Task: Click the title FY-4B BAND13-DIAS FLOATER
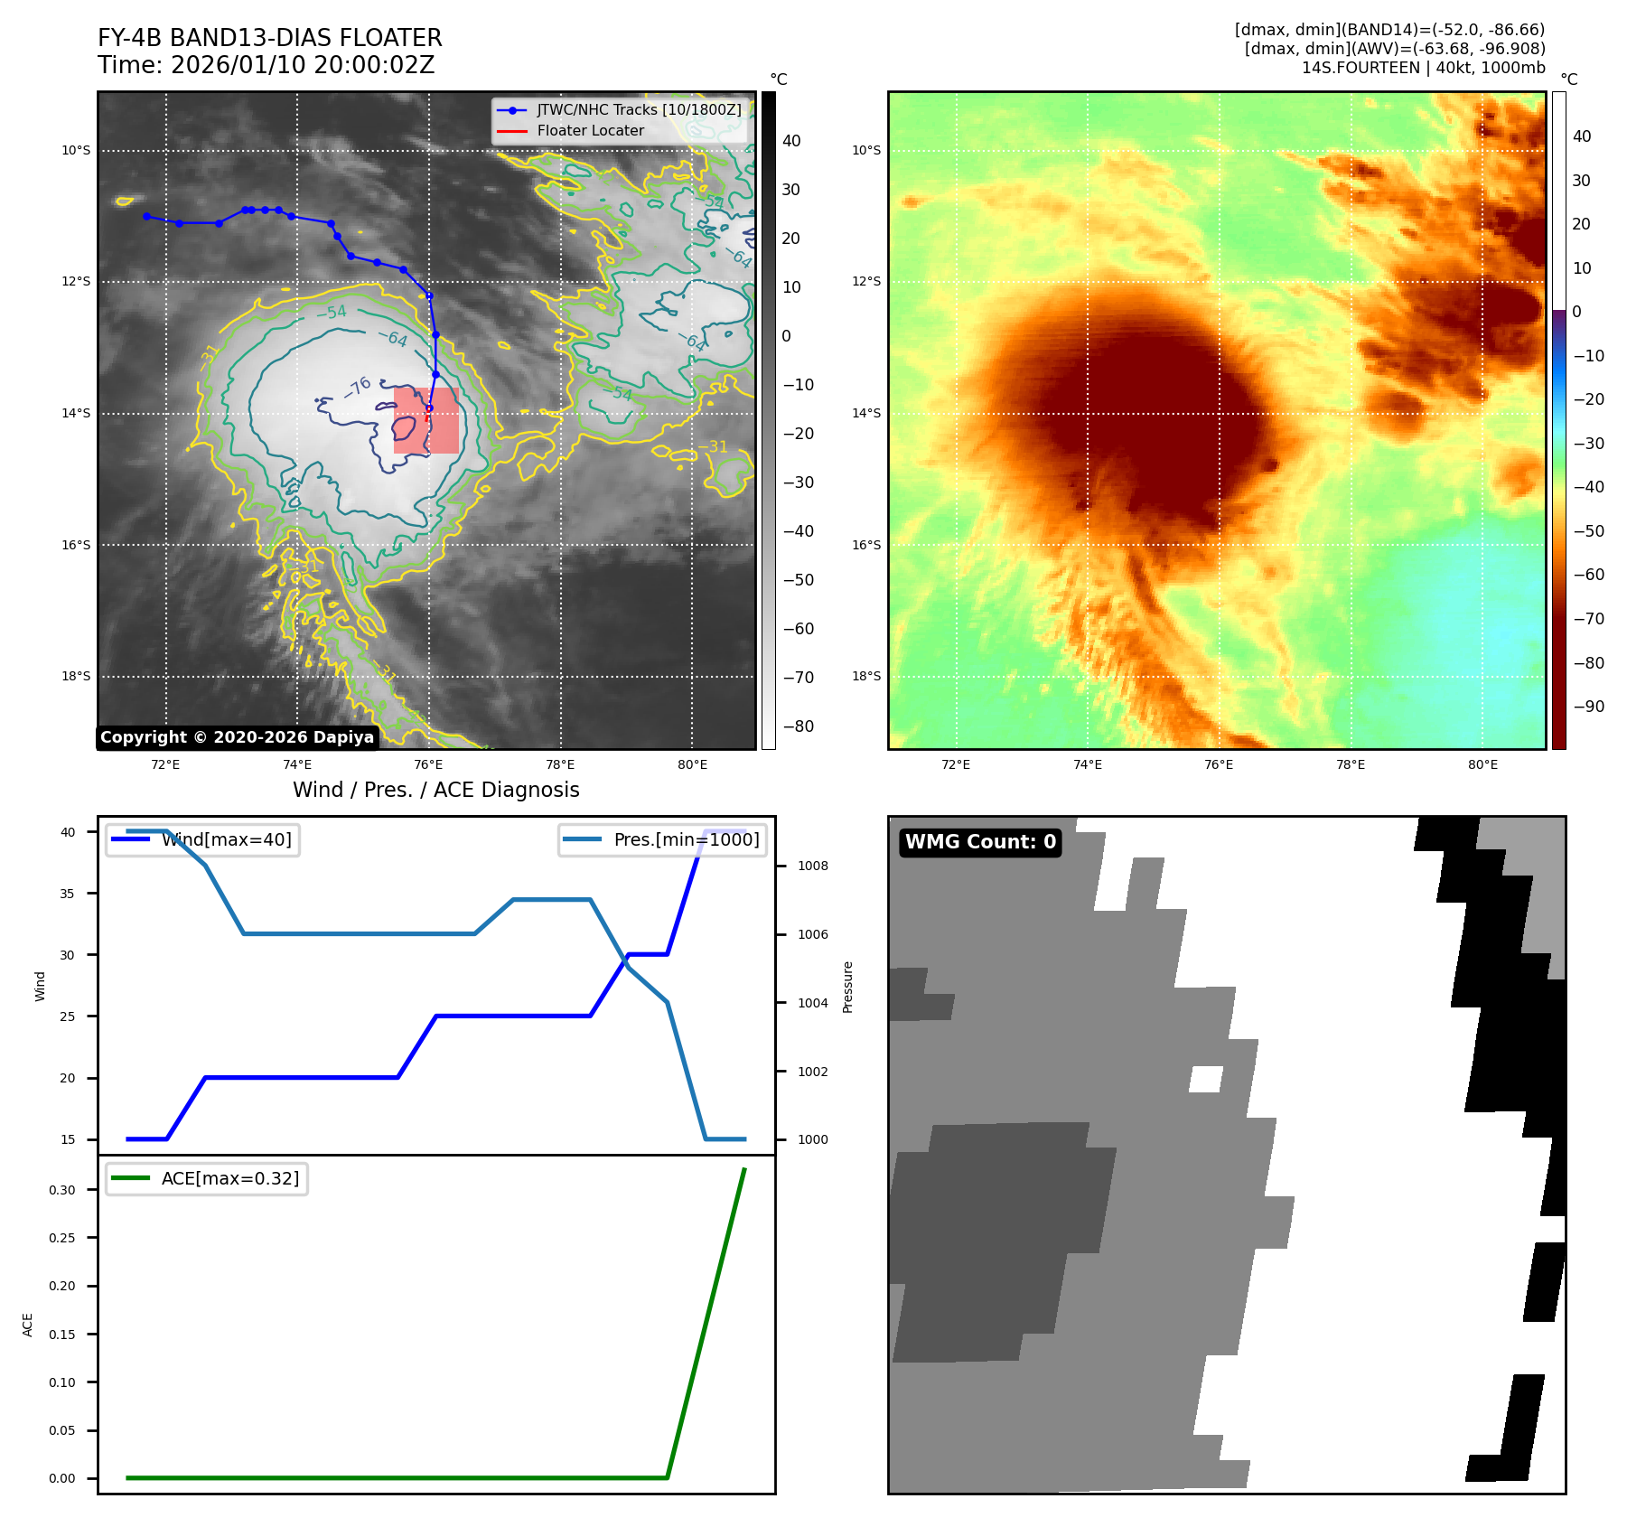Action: coord(269,38)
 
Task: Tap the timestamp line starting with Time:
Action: coord(266,65)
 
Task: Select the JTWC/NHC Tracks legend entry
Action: coord(638,109)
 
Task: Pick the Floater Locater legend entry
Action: coord(590,130)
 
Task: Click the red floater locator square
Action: coord(426,420)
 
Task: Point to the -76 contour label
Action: coord(358,387)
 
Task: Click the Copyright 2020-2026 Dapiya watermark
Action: coord(237,737)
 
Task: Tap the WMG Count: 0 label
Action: coord(980,842)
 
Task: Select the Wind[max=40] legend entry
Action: coord(226,839)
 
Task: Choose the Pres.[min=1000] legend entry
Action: coord(686,839)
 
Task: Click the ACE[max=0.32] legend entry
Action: coord(229,1178)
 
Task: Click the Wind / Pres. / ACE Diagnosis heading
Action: coord(435,790)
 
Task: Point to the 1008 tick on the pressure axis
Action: coord(812,866)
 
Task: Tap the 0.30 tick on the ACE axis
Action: coord(62,1190)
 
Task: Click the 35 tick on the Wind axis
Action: coord(68,894)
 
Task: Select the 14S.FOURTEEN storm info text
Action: coord(1423,68)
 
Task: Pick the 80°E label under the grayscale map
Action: coord(692,764)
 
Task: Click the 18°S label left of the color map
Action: coord(866,676)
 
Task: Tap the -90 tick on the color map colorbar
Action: coord(1588,707)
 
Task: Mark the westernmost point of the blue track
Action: coord(146,216)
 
